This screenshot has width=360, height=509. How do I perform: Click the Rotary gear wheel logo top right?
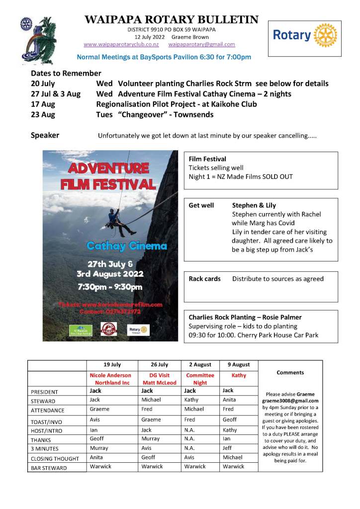[x=326, y=35]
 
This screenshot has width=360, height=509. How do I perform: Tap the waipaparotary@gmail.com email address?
[x=202, y=45]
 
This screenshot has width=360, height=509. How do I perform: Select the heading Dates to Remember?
[x=66, y=73]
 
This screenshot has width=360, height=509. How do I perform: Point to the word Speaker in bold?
[x=45, y=135]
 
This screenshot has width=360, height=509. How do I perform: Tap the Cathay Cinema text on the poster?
[x=126, y=246]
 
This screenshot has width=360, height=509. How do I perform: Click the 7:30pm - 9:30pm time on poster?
[x=109, y=287]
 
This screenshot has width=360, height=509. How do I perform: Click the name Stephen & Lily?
[x=254, y=205]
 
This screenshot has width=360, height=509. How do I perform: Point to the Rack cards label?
[x=204, y=279]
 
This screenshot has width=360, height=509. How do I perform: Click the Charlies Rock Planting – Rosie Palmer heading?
[x=245, y=317]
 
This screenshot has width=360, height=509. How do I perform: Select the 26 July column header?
[x=159, y=365]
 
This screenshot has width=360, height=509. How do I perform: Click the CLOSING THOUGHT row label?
[x=55, y=459]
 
